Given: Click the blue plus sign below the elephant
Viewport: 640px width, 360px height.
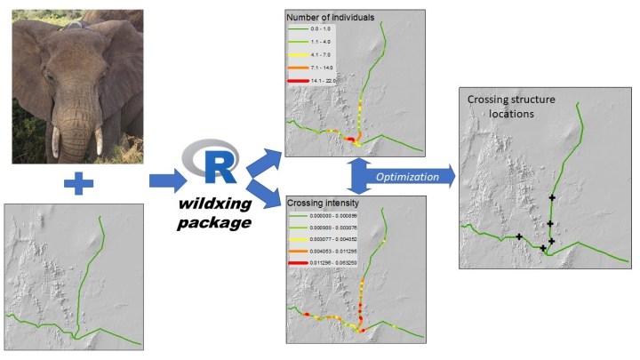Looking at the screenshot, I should [79, 184].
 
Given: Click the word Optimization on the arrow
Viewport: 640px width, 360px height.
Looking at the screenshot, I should [405, 177].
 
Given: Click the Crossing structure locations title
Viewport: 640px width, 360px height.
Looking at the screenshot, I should [511, 107].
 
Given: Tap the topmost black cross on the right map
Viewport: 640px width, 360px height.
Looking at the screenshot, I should [553, 197].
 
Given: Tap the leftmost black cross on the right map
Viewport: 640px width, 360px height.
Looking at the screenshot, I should [519, 236].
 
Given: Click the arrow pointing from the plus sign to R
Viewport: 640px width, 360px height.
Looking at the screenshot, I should [164, 181].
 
